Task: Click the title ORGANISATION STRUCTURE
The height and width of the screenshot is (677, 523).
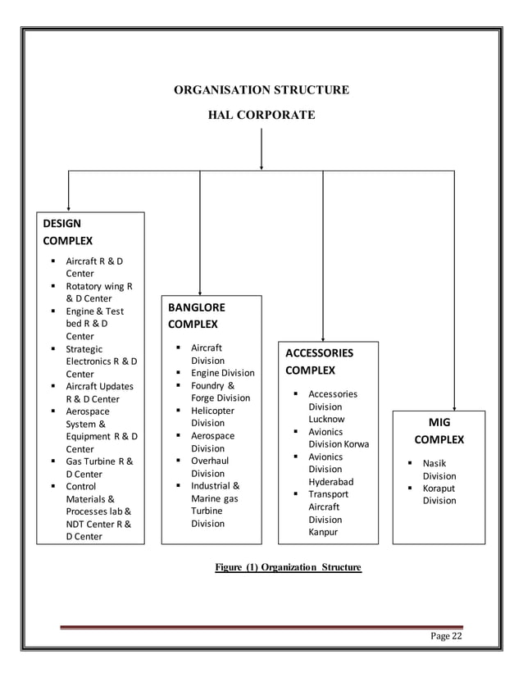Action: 261,89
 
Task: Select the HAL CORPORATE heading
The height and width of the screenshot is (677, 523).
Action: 261,116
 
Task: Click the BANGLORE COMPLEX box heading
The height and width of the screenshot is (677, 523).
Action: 196,316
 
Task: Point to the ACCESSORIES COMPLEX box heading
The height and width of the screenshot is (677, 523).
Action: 319,361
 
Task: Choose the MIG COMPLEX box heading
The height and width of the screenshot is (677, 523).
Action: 439,430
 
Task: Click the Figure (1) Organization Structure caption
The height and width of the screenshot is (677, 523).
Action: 288,567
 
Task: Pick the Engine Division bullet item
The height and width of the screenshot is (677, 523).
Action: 222,373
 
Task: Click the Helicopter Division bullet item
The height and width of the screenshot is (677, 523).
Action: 212,416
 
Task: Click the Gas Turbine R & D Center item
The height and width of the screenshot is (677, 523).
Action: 98,468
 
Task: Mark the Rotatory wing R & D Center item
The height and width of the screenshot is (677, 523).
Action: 98,293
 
